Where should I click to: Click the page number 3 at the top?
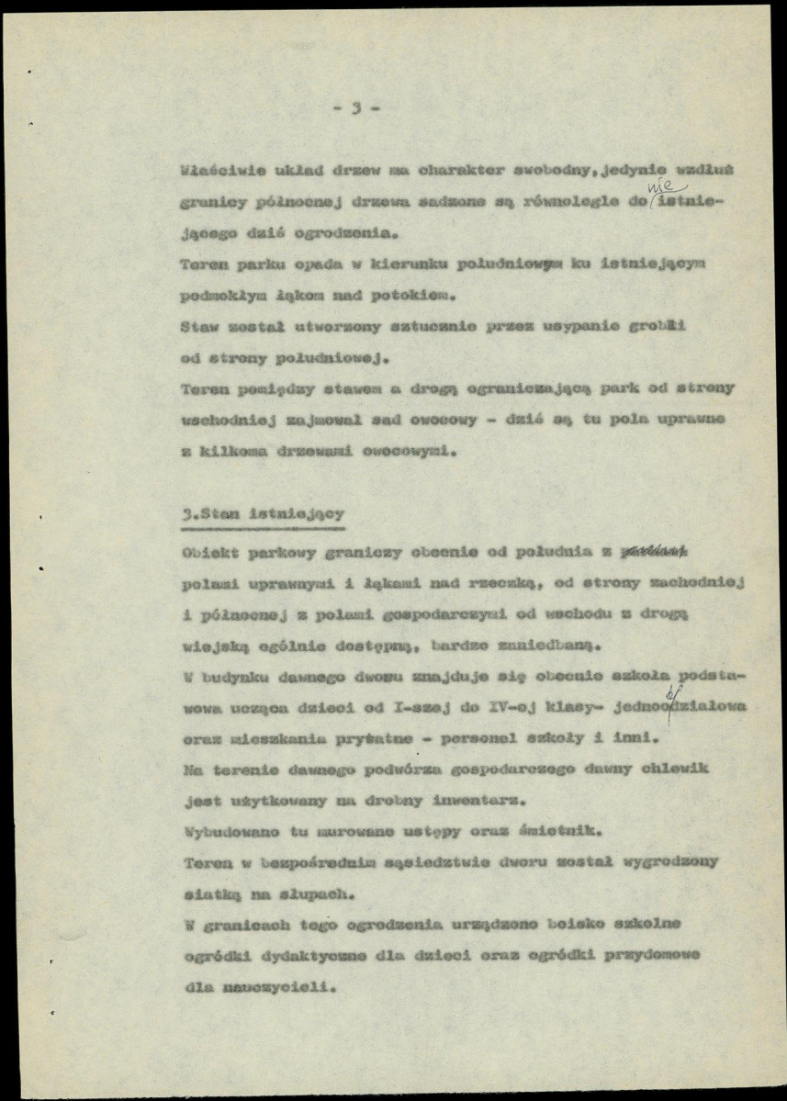355,108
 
